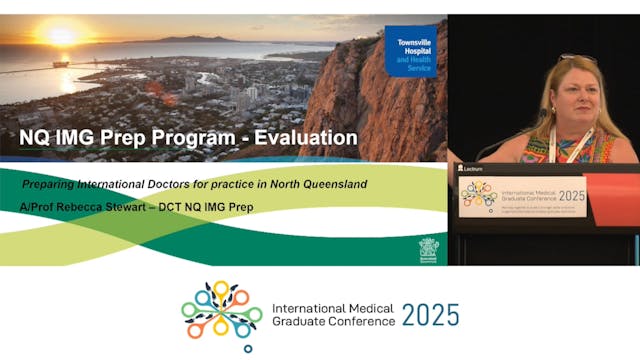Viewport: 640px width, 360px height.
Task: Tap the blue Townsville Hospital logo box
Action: coord(410,50)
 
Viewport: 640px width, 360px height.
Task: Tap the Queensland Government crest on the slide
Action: coord(428,249)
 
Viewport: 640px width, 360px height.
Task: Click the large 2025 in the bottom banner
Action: coord(430,315)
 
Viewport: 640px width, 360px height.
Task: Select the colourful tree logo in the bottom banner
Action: coord(221,312)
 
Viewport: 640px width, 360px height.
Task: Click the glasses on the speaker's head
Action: coord(578,59)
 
